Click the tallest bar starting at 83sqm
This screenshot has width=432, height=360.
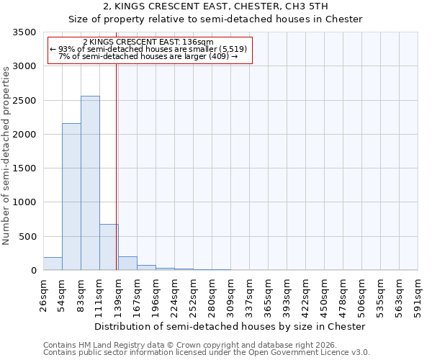pyautogui.click(x=90, y=183)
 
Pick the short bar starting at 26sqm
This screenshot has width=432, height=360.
pyautogui.click(x=53, y=264)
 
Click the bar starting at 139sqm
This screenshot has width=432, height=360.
pyautogui.click(x=127, y=264)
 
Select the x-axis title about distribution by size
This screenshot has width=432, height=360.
pyautogui.click(x=230, y=326)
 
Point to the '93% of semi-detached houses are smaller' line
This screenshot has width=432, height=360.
pyautogui.click(x=149, y=49)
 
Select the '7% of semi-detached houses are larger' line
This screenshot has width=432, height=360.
pyautogui.click(x=148, y=56)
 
